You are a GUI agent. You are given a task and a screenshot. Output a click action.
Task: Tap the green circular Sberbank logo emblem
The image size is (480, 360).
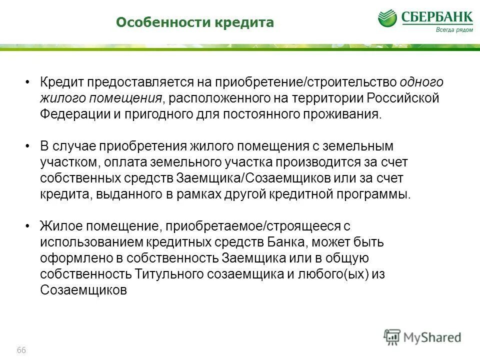[x=388, y=18]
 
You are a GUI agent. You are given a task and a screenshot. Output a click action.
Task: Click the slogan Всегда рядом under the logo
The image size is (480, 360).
[x=453, y=29]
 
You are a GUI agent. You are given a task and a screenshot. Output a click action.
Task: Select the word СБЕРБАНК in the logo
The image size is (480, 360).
[x=436, y=17]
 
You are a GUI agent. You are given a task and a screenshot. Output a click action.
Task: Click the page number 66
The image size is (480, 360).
[x=21, y=349]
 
